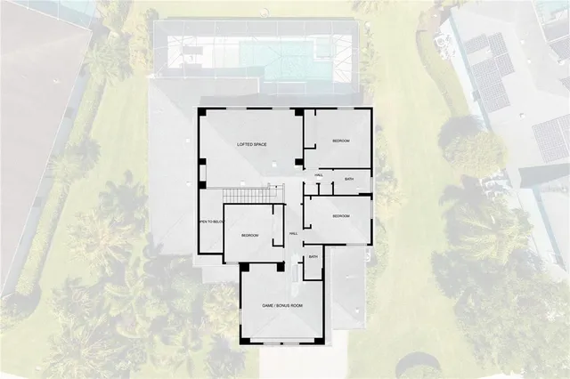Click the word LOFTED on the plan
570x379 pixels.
(x=246, y=144)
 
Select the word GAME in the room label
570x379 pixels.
(x=268, y=306)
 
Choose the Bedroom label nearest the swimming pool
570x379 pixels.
(x=341, y=141)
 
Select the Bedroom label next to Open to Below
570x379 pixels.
(x=249, y=235)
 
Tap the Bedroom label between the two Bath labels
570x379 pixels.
(x=340, y=216)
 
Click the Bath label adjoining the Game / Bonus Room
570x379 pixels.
(x=313, y=257)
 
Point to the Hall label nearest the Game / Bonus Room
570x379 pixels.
(x=294, y=234)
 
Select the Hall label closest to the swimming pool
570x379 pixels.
(x=319, y=175)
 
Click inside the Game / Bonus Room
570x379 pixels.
(x=281, y=325)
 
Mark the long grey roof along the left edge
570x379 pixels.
(x=31, y=133)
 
